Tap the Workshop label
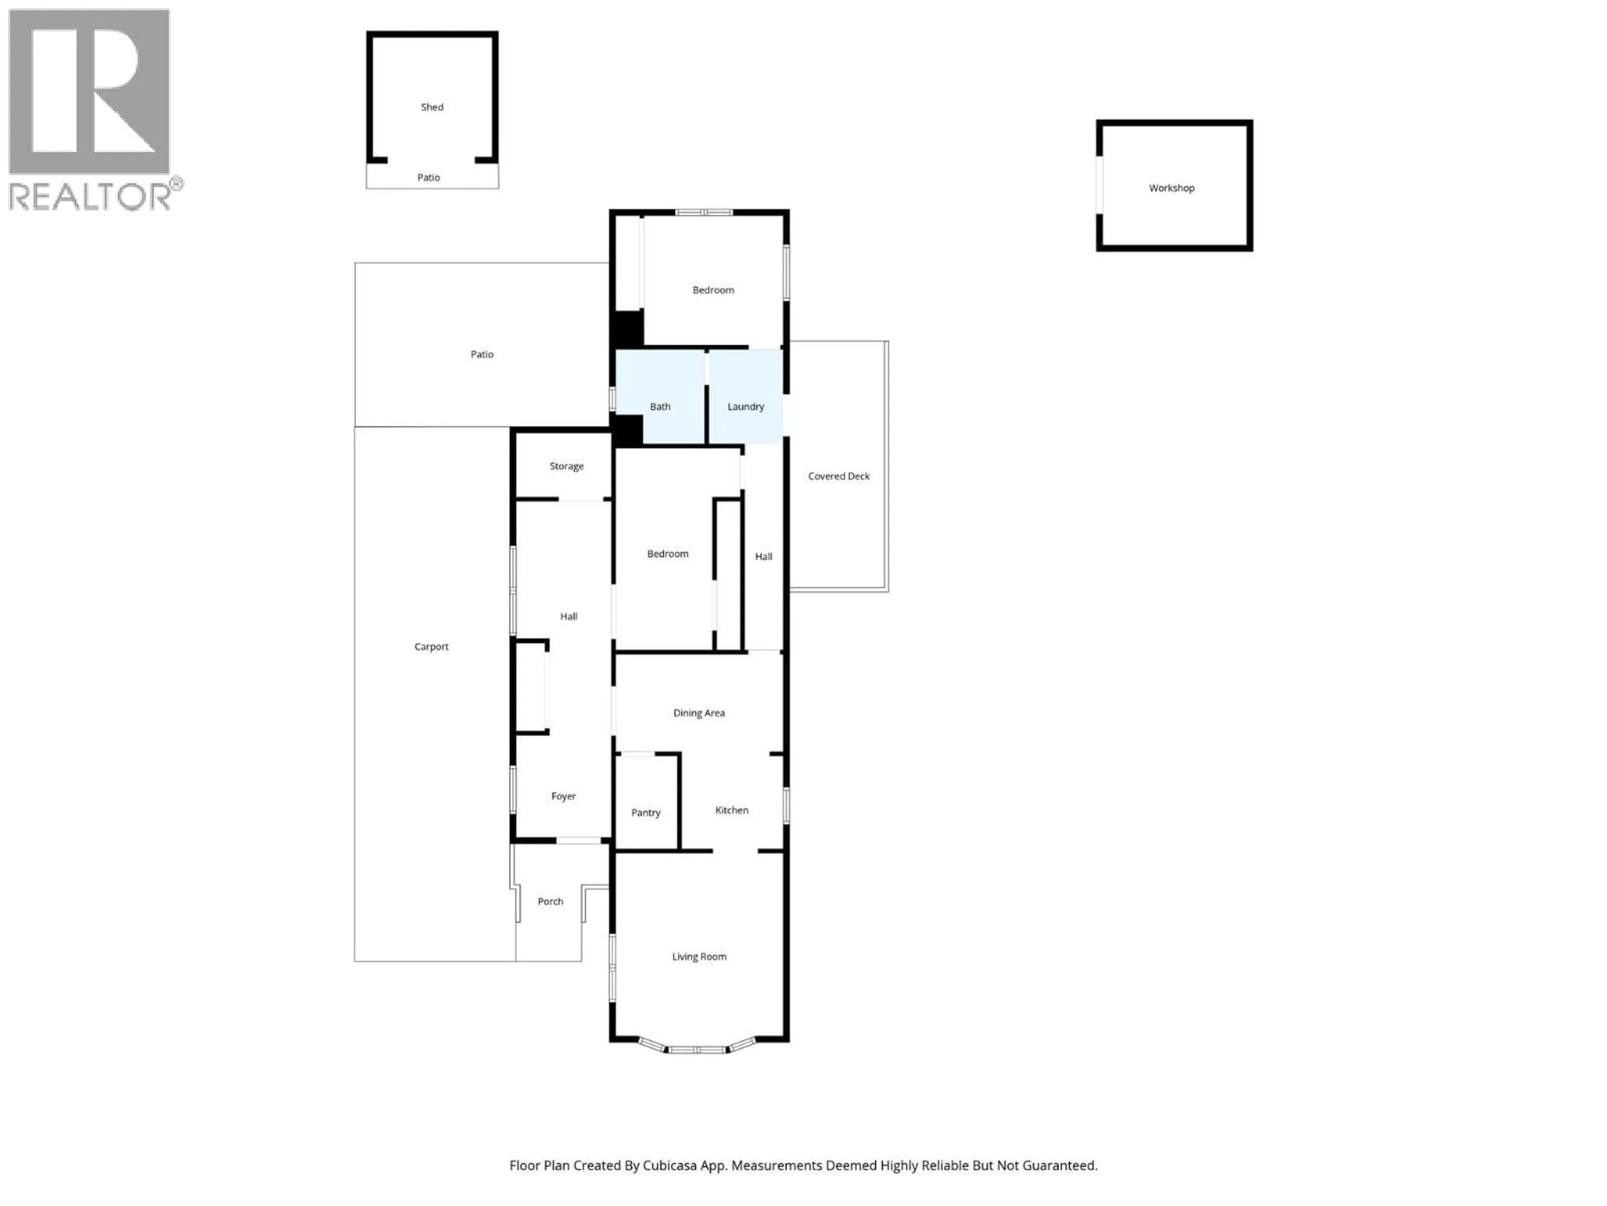point(1171,188)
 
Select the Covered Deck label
point(838,476)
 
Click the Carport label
point(431,646)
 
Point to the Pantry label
point(646,813)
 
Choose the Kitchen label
point(732,810)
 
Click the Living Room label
point(699,957)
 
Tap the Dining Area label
point(699,713)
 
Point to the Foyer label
point(563,796)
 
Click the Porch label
point(550,902)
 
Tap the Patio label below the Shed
point(429,178)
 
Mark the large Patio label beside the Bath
point(482,354)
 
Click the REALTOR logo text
point(91,196)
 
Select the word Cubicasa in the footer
point(670,1165)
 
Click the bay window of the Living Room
point(698,1049)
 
